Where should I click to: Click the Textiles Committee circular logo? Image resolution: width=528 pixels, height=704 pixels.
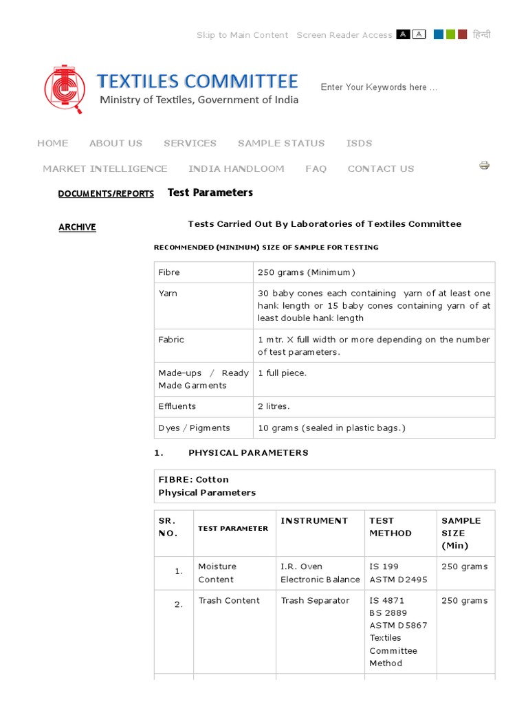[65, 89]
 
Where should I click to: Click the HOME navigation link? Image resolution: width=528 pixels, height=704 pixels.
[52, 143]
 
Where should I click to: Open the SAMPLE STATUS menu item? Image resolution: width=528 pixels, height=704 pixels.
[280, 143]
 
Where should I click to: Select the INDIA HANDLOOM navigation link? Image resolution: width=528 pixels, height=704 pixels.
[236, 168]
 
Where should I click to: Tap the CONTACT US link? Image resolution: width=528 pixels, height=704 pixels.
[380, 168]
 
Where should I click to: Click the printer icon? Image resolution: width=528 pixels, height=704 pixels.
[484, 165]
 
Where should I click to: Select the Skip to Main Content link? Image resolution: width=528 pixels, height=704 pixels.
[242, 35]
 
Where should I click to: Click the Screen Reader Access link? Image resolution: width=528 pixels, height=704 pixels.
[344, 35]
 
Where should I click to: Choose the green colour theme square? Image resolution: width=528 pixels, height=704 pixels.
[450, 34]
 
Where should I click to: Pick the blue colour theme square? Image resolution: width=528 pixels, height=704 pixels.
[438, 34]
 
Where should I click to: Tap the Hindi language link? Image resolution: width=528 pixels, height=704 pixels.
[482, 34]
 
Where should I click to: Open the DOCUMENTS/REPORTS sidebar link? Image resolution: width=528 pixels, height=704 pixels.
[106, 194]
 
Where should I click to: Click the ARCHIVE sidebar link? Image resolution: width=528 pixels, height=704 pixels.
[77, 228]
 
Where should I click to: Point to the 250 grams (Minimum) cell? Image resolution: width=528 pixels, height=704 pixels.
[307, 272]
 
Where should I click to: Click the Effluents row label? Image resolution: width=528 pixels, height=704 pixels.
[177, 406]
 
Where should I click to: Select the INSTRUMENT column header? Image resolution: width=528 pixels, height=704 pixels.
[314, 521]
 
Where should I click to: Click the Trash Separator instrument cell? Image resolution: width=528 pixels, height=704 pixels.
[315, 601]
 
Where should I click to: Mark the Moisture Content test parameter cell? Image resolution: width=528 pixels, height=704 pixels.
[217, 573]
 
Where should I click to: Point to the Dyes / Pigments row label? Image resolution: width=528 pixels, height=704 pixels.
[194, 428]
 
